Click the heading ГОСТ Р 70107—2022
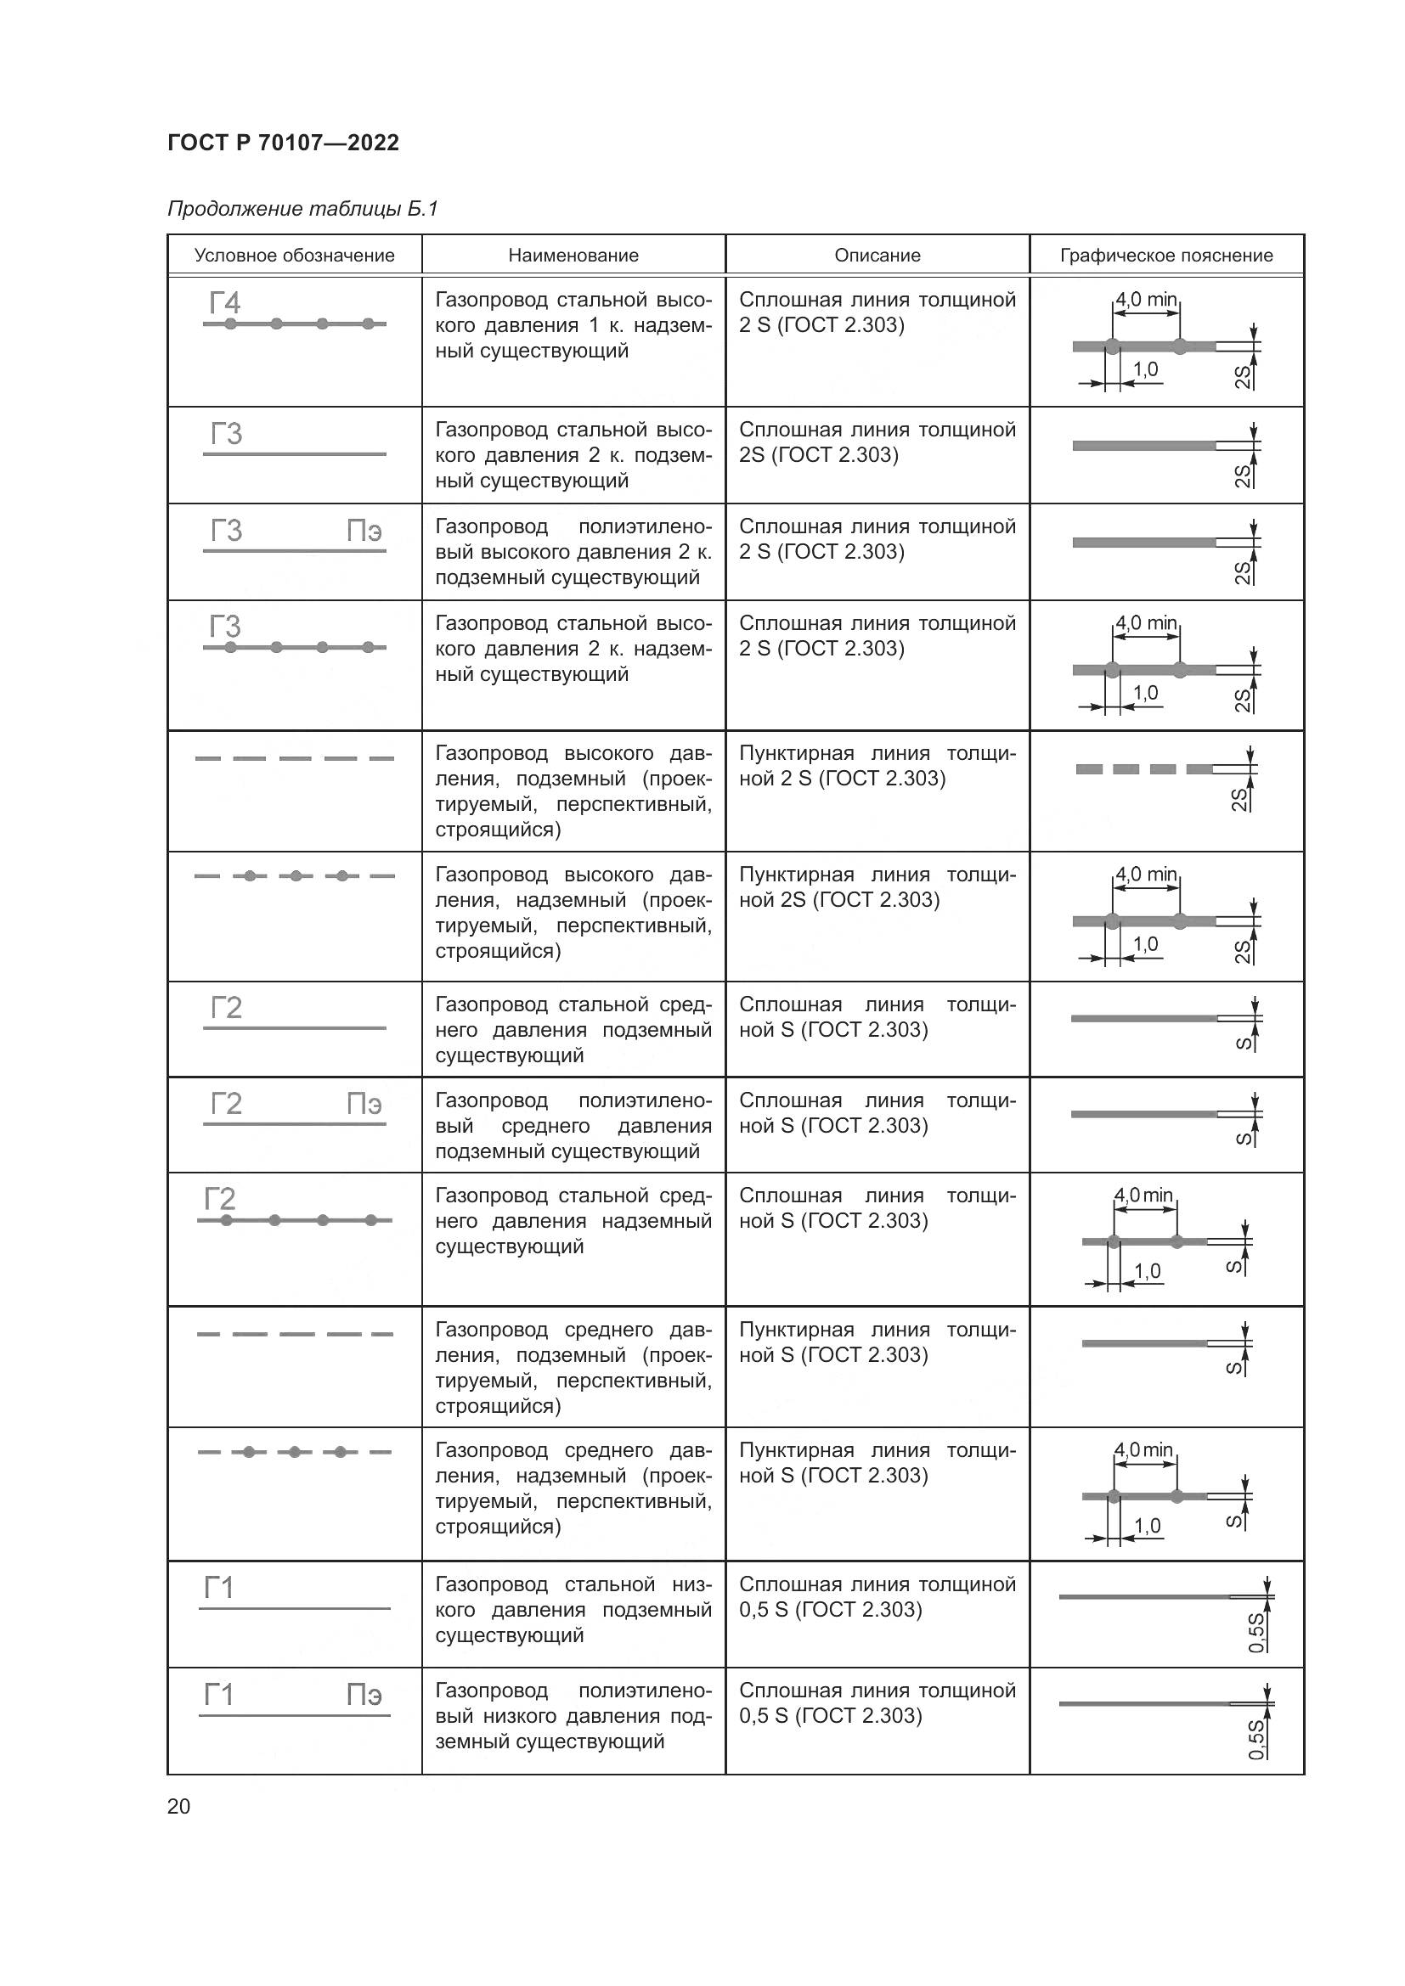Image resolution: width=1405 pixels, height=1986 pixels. pyautogui.click(x=283, y=143)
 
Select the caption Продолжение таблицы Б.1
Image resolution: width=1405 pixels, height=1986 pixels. pyautogui.click(x=302, y=209)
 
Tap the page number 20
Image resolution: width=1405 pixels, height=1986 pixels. pyautogui.click(x=178, y=1806)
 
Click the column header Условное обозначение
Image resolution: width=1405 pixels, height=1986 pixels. pyautogui.click(x=294, y=256)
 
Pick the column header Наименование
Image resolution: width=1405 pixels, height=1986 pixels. pyautogui.click(x=573, y=256)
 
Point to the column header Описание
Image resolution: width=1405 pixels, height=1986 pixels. pyautogui.click(x=877, y=256)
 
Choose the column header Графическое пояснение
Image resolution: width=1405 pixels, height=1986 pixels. pyautogui.click(x=1166, y=256)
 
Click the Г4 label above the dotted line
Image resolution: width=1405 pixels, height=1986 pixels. pyautogui.click(x=225, y=304)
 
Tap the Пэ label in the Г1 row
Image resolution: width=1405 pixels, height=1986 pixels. pyautogui.click(x=364, y=1695)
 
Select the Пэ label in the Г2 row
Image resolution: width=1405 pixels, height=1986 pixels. pyautogui.click(x=364, y=1104)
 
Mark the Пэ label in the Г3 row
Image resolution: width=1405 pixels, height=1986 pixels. pyautogui.click(x=364, y=530)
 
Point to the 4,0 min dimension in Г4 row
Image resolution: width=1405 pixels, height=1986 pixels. pyautogui.click(x=1145, y=299)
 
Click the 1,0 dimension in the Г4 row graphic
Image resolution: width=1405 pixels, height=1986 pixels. pyautogui.click(x=1145, y=369)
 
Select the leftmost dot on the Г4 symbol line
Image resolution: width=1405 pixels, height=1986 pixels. pyautogui.click(x=230, y=323)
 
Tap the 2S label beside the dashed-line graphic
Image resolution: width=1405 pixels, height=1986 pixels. pyautogui.click(x=1239, y=799)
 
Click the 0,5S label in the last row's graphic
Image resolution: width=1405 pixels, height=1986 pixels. pyautogui.click(x=1256, y=1739)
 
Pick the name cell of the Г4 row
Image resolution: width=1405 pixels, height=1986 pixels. pyautogui.click(x=573, y=325)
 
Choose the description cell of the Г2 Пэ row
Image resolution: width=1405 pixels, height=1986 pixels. pyautogui.click(x=877, y=1113)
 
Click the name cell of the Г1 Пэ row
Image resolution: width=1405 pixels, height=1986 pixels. pyautogui.click(x=573, y=1715)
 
